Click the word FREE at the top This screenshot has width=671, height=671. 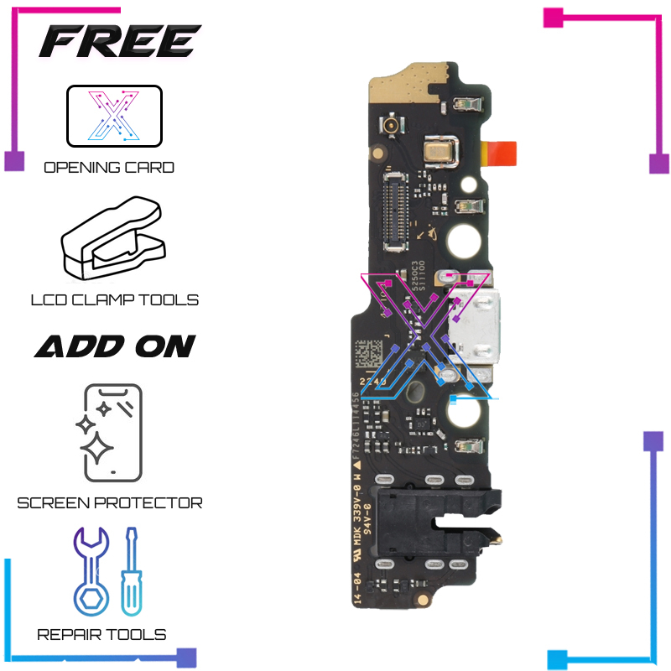[119, 41]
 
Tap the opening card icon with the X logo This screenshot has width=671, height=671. [114, 116]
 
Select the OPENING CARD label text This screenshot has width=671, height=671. [109, 167]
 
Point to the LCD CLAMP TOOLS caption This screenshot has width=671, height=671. [114, 299]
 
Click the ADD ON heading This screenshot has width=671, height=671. [115, 346]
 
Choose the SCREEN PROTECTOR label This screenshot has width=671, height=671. [110, 503]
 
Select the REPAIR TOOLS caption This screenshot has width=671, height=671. [101, 634]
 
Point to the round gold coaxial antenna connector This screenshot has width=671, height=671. [391, 127]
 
